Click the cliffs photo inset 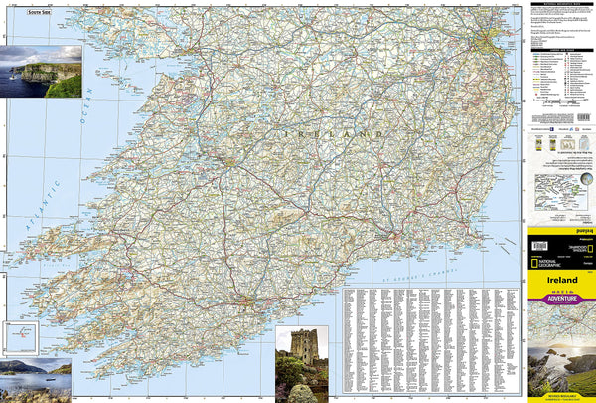(42, 71)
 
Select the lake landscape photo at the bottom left (36, 379)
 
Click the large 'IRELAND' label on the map (334, 133)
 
